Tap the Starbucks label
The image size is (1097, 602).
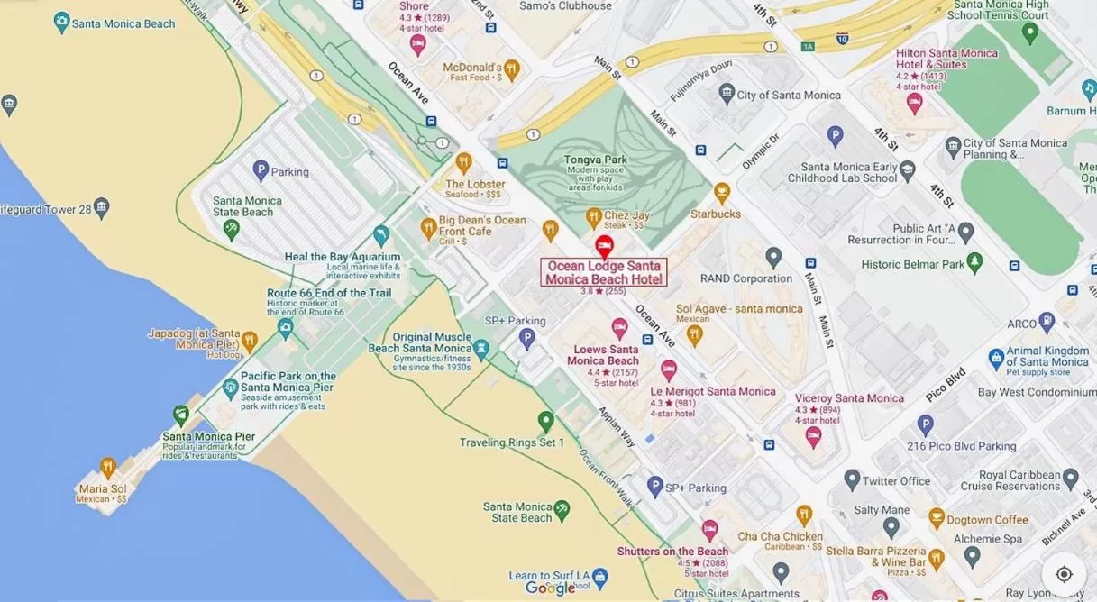pos(716,214)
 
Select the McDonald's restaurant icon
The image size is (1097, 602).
pos(512,68)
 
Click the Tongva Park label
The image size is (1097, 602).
pos(595,160)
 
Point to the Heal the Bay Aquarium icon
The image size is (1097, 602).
pos(381,235)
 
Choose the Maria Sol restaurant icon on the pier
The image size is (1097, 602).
pos(108,467)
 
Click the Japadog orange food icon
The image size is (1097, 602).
pos(250,342)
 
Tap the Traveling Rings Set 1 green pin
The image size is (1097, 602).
pos(545,421)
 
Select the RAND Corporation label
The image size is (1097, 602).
pos(745,278)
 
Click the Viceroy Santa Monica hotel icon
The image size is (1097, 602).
pos(813,436)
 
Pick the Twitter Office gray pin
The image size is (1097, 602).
pos(852,479)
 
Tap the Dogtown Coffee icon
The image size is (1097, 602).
pos(937,518)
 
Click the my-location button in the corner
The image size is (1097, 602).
pos(1064,574)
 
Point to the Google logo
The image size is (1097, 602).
pos(550,588)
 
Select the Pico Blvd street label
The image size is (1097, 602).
pos(946,385)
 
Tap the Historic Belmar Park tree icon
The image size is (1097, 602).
pos(974,262)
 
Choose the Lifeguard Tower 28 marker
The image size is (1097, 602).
pos(102,208)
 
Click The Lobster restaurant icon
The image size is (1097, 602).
pos(463,163)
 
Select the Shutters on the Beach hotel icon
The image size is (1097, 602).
pos(710,530)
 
